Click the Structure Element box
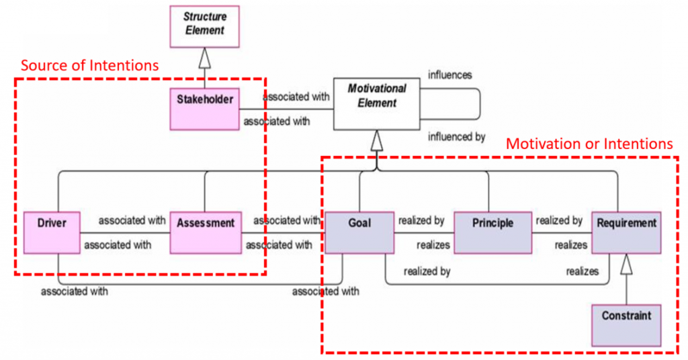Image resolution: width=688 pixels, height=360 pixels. click(x=205, y=25)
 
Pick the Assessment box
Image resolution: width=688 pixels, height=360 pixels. click(x=205, y=232)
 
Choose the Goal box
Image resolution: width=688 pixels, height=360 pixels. click(x=358, y=232)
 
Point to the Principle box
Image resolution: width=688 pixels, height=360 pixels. click(x=493, y=232)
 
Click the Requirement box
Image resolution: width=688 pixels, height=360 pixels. click(x=626, y=232)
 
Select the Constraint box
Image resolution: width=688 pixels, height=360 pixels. click(x=626, y=324)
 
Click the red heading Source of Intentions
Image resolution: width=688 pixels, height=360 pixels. click(x=89, y=65)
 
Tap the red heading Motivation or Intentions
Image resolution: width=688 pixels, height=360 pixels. click(x=589, y=143)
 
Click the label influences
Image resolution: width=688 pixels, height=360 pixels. click(x=449, y=75)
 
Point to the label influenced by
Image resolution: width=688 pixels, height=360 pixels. click(x=456, y=137)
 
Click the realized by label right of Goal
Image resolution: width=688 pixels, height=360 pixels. click(x=421, y=220)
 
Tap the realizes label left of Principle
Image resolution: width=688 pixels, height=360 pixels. click(x=433, y=245)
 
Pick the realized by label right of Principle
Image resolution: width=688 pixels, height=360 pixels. click(x=558, y=220)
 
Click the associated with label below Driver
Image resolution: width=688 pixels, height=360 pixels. click(x=74, y=291)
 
